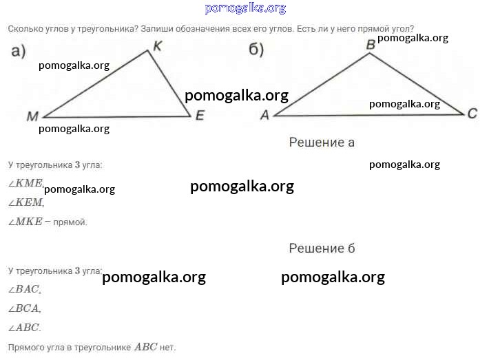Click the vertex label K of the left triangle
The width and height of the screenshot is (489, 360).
click(158, 46)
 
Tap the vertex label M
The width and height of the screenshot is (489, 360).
click(32, 116)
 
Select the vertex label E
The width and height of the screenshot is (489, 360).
click(200, 116)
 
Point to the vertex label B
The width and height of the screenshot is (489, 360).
click(371, 45)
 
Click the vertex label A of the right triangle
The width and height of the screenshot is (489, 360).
click(264, 115)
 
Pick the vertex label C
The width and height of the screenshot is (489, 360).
click(472, 114)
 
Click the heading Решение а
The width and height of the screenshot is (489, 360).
click(322, 142)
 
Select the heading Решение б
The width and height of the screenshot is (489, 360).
click(322, 248)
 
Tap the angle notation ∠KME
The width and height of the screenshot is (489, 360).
click(25, 183)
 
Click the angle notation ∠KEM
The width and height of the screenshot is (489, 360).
click(25, 202)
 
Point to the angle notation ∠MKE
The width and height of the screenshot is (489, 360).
click(25, 222)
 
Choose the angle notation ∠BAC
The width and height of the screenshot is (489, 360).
click(23, 289)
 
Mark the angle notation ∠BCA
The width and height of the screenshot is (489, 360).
click(23, 308)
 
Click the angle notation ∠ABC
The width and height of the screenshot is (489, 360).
click(23, 328)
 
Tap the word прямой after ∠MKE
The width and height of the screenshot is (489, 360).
click(70, 222)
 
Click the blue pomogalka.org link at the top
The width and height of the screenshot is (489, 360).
click(245, 8)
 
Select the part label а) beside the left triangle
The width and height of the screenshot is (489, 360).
click(19, 51)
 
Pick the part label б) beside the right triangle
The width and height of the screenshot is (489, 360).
click(256, 50)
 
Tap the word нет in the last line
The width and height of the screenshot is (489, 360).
click(167, 348)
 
